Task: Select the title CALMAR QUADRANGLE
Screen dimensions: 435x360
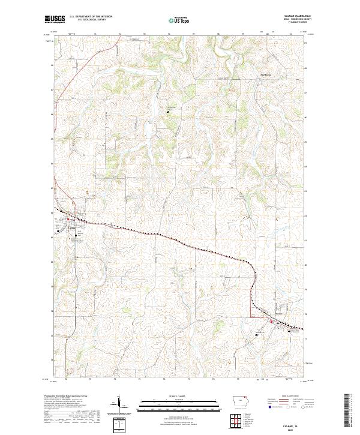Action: pos(290,16)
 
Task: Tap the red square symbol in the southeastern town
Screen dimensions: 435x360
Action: pos(271,322)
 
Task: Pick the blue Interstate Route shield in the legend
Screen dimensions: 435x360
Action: pos(263,406)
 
